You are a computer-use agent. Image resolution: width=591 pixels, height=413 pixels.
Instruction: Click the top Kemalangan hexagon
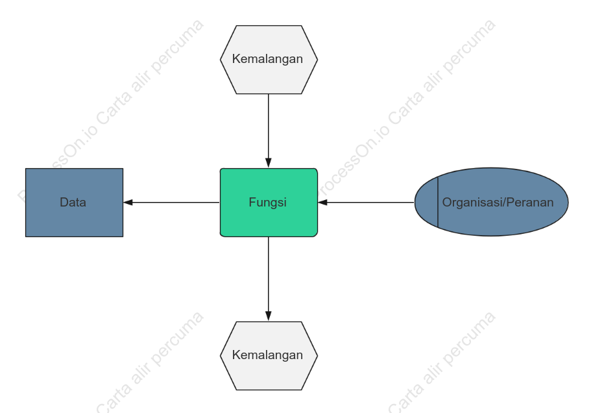click(x=269, y=60)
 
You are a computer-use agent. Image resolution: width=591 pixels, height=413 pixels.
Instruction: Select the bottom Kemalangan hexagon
click(x=269, y=356)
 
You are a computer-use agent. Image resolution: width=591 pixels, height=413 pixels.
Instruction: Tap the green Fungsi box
click(x=269, y=203)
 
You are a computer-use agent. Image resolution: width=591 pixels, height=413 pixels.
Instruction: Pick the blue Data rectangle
click(x=74, y=203)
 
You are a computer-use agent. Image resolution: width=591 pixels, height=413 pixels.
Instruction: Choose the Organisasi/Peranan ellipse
click(x=492, y=202)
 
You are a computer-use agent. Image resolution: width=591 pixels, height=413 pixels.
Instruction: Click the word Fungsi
click(x=268, y=203)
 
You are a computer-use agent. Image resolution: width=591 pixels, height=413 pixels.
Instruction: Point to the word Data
click(x=73, y=203)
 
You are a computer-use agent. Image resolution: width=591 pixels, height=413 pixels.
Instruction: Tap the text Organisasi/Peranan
click(x=498, y=203)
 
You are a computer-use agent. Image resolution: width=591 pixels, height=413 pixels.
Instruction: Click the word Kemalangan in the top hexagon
click(x=268, y=59)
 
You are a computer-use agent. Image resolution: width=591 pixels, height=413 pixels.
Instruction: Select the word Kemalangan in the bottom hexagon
click(x=268, y=355)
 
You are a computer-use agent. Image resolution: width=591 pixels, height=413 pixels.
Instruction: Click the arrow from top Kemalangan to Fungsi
click(x=269, y=131)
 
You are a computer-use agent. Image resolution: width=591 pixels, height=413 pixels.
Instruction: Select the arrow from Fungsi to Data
click(x=171, y=203)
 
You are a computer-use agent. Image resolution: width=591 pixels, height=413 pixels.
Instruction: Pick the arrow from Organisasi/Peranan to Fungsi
click(x=366, y=203)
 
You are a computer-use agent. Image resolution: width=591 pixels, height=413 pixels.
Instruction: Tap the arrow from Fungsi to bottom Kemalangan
click(x=269, y=279)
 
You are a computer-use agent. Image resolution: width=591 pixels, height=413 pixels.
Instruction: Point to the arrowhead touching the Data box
click(x=128, y=203)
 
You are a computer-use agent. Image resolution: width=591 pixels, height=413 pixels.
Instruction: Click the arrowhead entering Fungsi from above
click(x=269, y=163)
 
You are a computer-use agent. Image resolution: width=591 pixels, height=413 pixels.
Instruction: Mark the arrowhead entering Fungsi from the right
click(x=322, y=203)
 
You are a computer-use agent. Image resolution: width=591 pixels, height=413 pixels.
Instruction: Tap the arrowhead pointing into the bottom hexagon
click(x=269, y=316)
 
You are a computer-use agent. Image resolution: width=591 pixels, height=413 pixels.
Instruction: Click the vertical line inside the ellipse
click(x=438, y=202)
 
